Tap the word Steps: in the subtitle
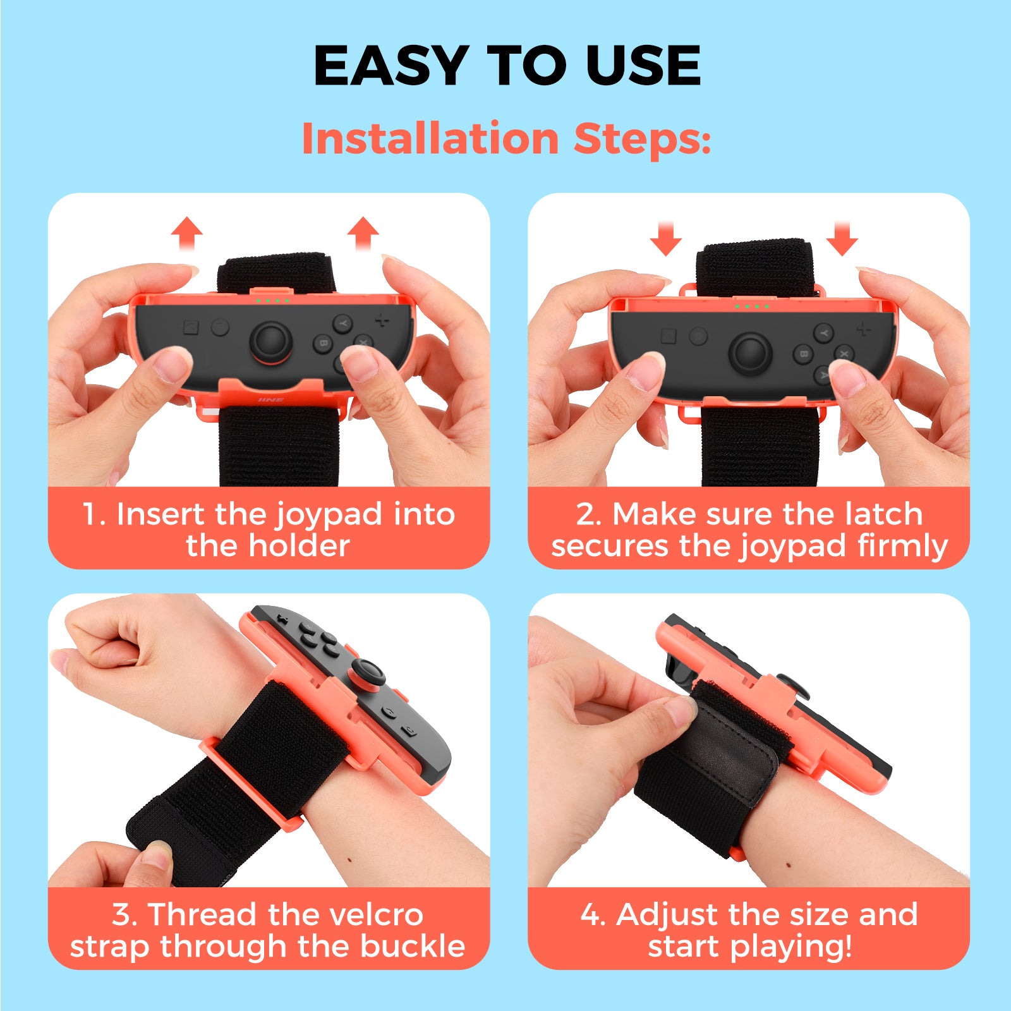pos(642,139)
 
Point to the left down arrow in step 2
pos(666,238)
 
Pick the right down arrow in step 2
pos(842,238)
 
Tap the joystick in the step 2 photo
pos(750,351)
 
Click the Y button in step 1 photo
pos(342,324)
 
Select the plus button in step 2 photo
pos(863,329)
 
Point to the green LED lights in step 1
pos(272,300)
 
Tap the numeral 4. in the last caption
pos(593,915)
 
